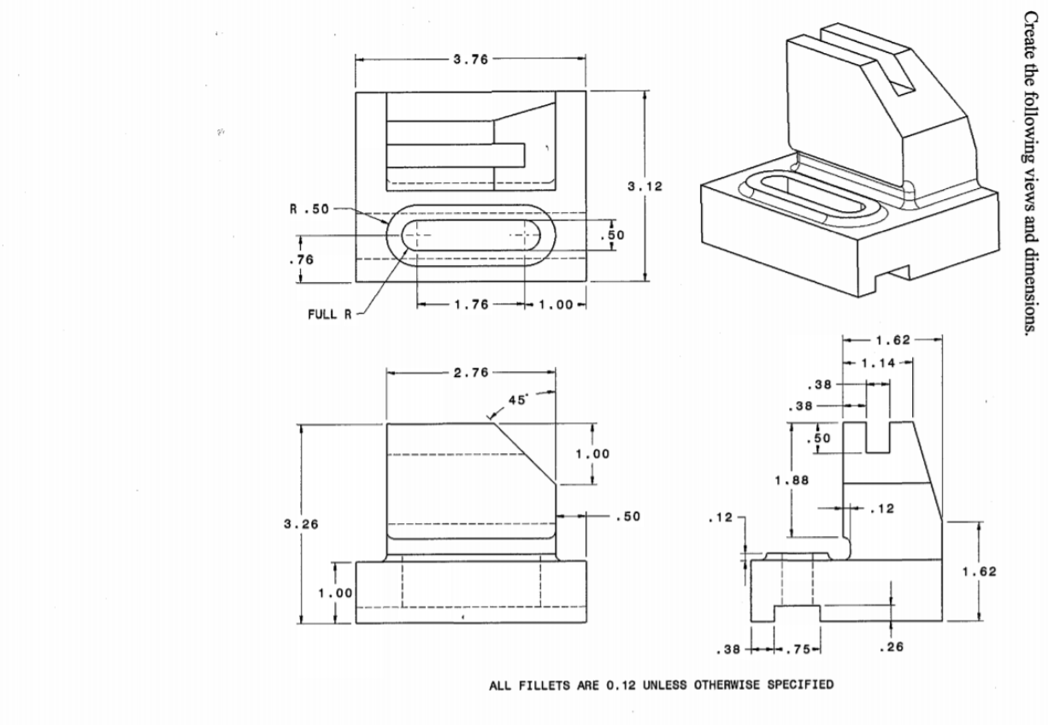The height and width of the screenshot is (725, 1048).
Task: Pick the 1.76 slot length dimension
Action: (469, 305)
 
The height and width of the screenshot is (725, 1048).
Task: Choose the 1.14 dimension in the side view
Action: (878, 363)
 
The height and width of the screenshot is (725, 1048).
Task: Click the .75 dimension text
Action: (797, 647)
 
